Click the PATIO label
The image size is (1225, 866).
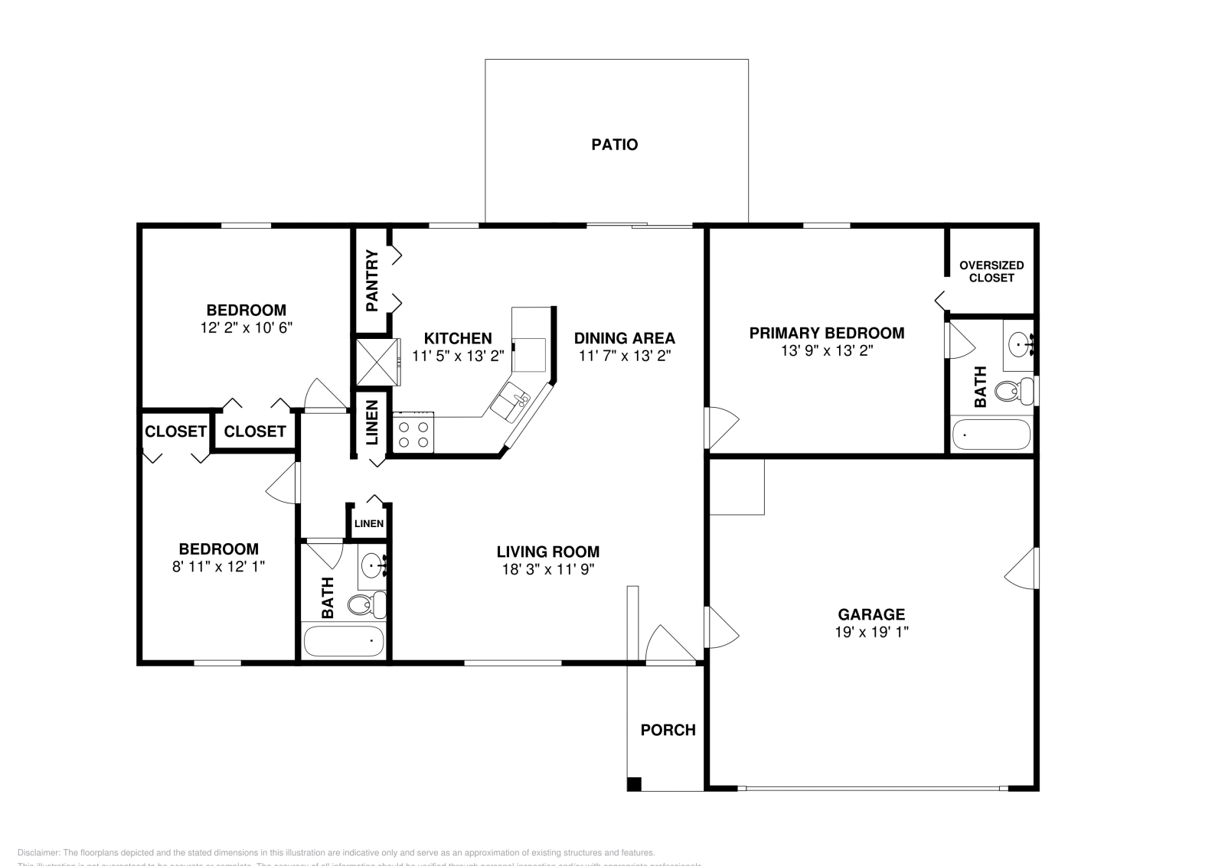614,145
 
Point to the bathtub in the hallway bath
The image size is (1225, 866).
344,641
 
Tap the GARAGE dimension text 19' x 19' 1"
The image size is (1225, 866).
871,633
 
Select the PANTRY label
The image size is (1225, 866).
372,281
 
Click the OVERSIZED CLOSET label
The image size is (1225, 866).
991,272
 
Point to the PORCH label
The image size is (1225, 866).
668,730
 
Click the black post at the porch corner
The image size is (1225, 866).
633,783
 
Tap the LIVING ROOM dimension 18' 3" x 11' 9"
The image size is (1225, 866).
547,569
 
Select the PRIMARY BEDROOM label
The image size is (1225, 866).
826,333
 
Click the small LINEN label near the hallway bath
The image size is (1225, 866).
368,524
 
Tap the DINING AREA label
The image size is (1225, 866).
624,338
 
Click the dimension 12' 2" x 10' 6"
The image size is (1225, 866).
246,327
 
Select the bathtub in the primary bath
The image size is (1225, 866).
991,435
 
